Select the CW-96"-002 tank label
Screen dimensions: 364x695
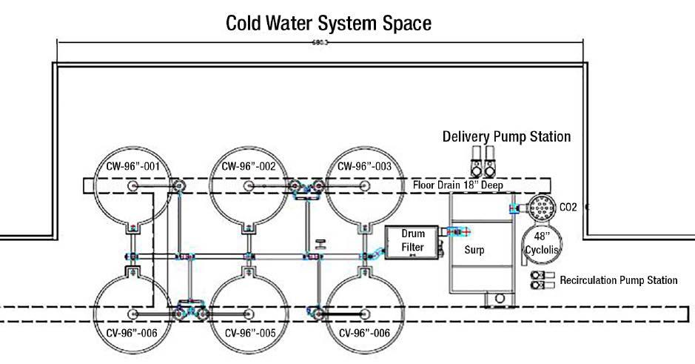(249, 166)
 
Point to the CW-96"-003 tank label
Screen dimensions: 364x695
(364, 166)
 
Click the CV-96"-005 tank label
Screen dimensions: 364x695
(249, 333)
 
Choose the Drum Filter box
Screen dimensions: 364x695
(413, 240)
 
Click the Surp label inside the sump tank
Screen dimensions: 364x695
(474, 250)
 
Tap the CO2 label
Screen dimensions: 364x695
(568, 208)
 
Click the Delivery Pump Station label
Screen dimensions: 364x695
(506, 136)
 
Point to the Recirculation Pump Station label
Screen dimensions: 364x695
(619, 280)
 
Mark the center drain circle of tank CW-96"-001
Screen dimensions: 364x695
(132, 185)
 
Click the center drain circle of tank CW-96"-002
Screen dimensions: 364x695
(249, 185)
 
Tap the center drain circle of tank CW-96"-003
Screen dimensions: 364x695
(364, 185)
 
